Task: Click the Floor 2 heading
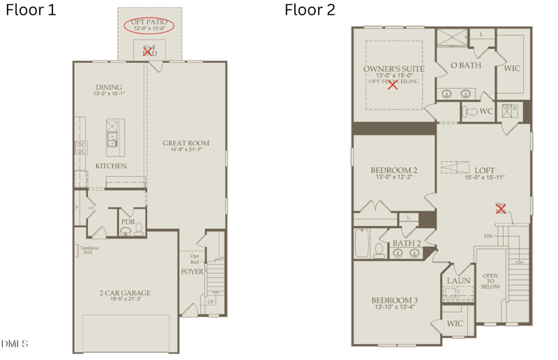[x=310, y=10]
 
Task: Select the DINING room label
[x=109, y=88]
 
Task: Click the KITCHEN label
[x=111, y=166]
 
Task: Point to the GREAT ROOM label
[x=186, y=144]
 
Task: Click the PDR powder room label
[x=128, y=221]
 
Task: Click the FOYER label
[x=193, y=271]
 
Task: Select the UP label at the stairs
[x=210, y=302]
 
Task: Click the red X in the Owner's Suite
[x=393, y=85]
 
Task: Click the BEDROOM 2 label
[x=394, y=170]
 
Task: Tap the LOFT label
[x=484, y=170]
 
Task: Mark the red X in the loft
[x=500, y=208]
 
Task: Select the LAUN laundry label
[x=458, y=281]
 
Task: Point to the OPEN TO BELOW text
[x=490, y=280]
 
